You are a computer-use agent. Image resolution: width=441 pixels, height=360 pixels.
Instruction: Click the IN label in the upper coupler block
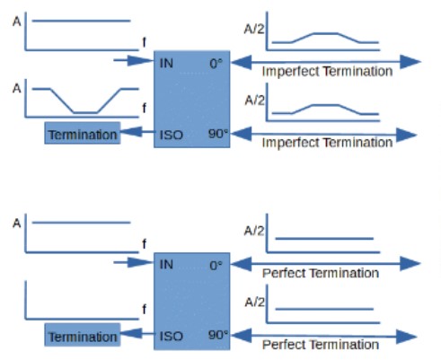click(166, 64)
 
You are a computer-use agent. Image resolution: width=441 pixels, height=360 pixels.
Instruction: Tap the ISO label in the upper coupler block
click(171, 135)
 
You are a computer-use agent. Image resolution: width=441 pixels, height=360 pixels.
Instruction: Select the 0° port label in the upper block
click(216, 64)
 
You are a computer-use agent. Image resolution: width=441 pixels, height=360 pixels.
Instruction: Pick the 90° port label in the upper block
click(218, 134)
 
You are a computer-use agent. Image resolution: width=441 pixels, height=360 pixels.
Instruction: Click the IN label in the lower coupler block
click(166, 265)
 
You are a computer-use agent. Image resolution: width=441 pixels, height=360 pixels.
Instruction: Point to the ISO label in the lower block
click(171, 337)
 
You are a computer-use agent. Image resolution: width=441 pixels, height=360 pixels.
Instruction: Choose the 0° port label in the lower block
click(216, 266)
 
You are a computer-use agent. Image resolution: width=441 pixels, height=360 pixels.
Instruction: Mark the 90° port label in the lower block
click(218, 335)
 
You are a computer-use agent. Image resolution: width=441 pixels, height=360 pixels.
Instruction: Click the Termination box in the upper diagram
click(83, 133)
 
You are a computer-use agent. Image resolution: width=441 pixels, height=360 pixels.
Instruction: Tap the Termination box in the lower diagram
click(83, 335)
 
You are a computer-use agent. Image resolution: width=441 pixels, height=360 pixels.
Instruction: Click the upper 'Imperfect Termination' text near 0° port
click(327, 72)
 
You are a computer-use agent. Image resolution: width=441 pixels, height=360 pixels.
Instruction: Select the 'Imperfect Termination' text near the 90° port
click(327, 143)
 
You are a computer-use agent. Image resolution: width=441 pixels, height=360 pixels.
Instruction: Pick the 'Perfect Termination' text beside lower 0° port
click(321, 273)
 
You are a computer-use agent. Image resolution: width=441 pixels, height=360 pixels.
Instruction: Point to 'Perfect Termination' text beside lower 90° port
click(321, 345)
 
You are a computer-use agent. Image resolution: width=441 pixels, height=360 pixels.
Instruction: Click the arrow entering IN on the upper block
click(134, 60)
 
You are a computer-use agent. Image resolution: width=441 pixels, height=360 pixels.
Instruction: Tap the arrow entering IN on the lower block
click(134, 262)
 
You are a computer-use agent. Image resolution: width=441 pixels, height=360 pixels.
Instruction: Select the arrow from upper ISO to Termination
click(137, 132)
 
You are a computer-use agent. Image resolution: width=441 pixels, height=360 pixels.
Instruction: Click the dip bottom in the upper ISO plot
click(85, 113)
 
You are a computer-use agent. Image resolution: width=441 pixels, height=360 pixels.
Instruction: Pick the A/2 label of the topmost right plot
click(254, 29)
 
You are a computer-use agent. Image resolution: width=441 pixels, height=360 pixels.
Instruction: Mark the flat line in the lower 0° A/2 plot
click(324, 239)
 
